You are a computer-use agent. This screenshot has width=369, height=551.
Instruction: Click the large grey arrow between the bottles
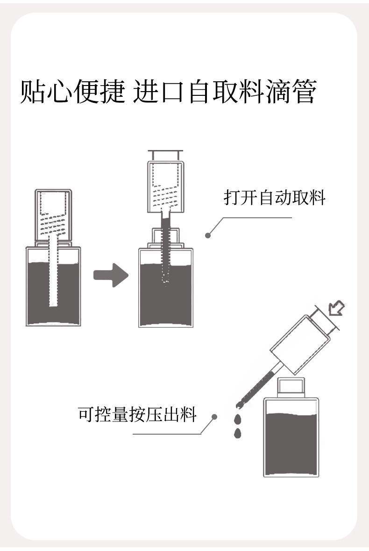tap(110, 275)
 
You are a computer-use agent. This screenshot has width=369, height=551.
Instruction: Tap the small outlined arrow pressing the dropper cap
tap(337, 308)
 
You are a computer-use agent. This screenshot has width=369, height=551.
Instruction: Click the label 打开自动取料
tap(274, 198)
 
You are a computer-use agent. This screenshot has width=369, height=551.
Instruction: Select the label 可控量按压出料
tap(137, 414)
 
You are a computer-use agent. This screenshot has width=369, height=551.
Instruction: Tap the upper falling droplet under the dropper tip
tap(238, 417)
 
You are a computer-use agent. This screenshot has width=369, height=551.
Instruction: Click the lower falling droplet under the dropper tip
tap(238, 433)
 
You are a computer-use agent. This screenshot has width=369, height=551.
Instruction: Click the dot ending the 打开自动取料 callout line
tap(208, 236)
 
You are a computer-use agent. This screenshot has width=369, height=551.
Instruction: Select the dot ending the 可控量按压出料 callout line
tap(214, 416)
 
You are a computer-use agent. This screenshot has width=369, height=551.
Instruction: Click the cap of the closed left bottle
tap(53, 215)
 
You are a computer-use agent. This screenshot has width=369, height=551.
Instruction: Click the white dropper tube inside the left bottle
tap(53, 280)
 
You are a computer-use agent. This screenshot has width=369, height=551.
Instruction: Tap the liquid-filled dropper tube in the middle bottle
tap(165, 252)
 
